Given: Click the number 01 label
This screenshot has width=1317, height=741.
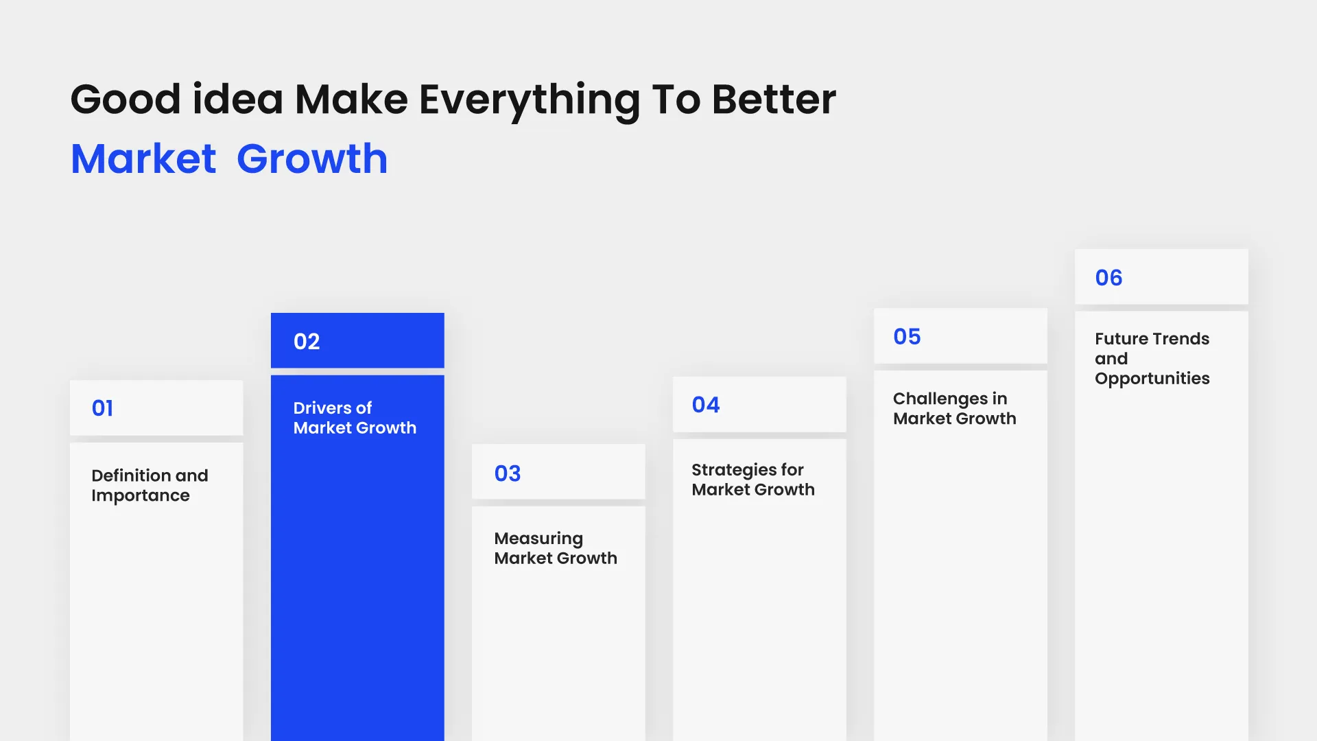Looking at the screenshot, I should pos(102,408).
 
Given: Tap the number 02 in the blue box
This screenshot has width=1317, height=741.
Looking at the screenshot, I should pos(307,342).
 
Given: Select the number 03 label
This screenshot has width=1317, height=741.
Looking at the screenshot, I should pos(508,473).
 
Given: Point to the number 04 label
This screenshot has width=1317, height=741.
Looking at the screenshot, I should pos(706,405).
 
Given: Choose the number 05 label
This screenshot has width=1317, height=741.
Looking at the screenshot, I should pos(907,337).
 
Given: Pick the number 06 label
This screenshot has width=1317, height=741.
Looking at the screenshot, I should pos(1108,278).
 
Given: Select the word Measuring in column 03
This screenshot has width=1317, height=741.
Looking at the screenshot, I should pos(538,539).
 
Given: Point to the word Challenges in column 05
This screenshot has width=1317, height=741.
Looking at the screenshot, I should pos(940,399).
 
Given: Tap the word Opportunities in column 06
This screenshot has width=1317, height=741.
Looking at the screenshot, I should pos(1152,379).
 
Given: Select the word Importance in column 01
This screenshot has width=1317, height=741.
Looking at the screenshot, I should pos(140,496).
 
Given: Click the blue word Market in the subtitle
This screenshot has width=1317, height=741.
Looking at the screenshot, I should pos(143,159).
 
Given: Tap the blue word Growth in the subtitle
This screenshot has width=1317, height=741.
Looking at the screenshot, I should pos(312,159).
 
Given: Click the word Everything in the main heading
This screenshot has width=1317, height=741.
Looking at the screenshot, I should pos(529,100).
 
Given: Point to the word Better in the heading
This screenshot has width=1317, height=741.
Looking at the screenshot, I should pos(774,100).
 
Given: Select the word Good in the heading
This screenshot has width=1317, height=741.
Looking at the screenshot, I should pos(125,100).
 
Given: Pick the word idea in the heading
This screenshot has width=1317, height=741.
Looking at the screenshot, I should pos(237,100).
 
